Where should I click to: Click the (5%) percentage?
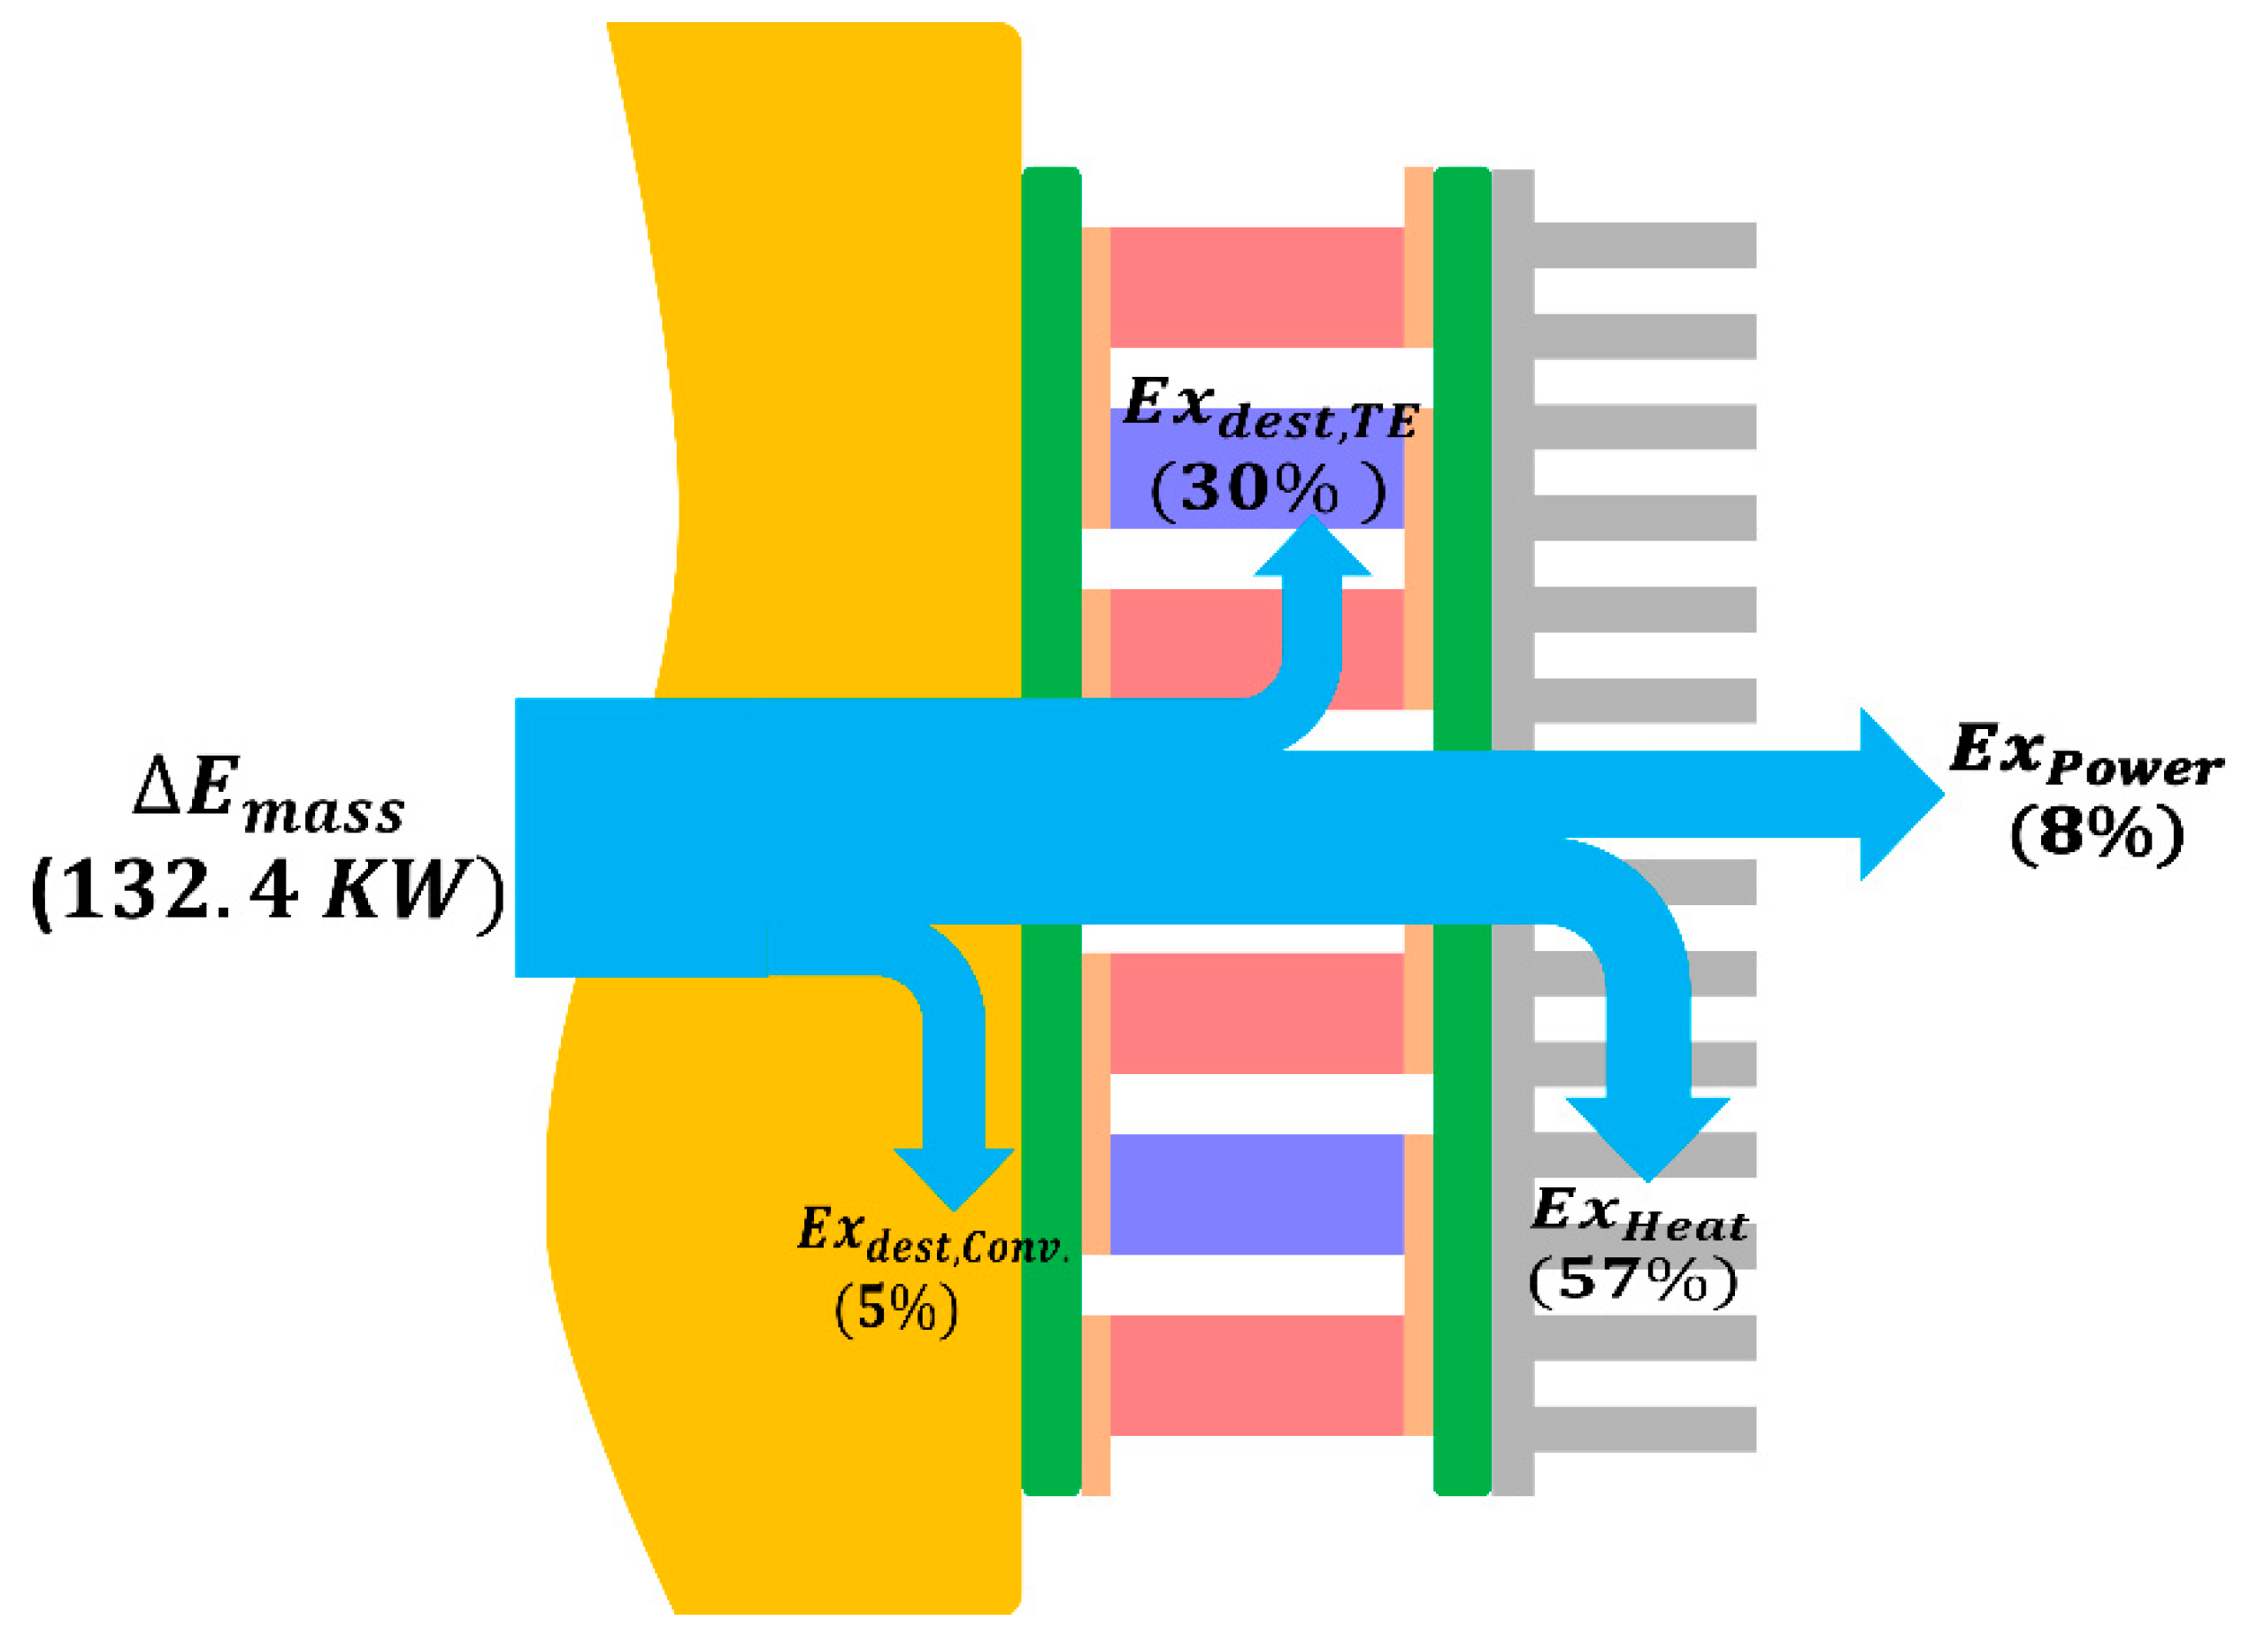[x=895, y=1308]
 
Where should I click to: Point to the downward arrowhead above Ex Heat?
[x=1648, y=1135]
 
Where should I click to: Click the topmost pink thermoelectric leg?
[x=1255, y=288]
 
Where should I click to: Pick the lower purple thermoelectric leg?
[x=1255, y=1194]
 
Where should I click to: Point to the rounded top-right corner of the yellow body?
[x=1007, y=35]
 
